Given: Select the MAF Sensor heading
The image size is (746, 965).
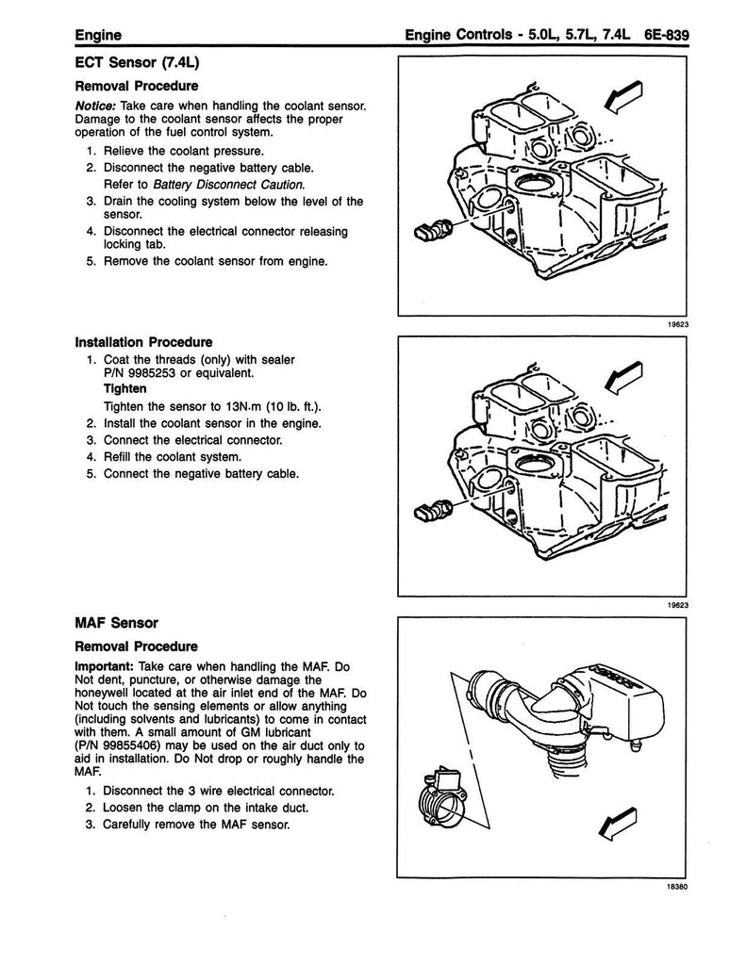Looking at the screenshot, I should click(116, 623).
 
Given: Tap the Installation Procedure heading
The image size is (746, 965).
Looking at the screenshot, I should click(143, 342).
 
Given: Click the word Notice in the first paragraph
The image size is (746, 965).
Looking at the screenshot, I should click(95, 107).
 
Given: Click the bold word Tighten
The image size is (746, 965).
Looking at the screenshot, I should click(125, 389).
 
